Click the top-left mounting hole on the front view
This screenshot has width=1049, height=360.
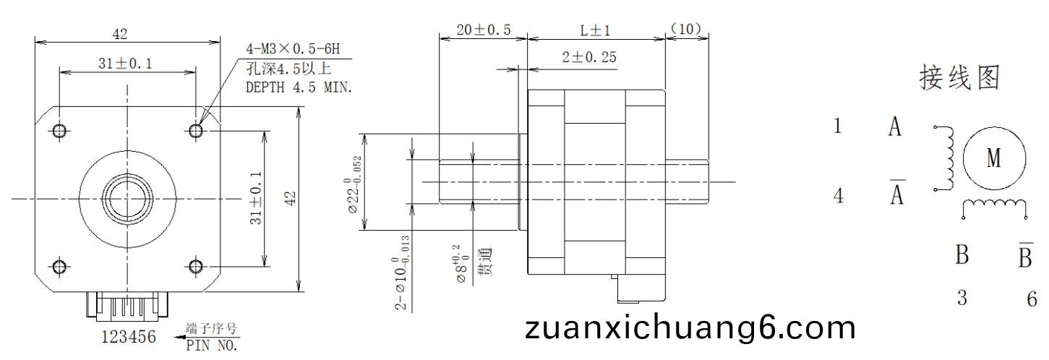coord(59,131)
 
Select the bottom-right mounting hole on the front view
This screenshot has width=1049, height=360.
coord(196,267)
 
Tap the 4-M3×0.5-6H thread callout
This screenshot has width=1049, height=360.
coord(293,48)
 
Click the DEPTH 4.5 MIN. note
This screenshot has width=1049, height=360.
coord(299,87)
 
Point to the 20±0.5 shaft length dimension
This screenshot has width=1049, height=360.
coord(483,30)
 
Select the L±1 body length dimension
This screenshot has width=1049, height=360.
coord(596,31)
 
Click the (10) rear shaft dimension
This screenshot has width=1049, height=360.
coord(686,29)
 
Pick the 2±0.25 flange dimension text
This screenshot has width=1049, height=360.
coord(589,57)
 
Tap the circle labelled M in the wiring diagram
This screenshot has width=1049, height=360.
coord(994,158)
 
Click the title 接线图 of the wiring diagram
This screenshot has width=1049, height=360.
coord(959,78)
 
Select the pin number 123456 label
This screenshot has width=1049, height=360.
coord(129,337)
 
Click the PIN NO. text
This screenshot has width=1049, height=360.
coord(212,346)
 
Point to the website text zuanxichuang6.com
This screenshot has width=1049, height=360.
coord(690,329)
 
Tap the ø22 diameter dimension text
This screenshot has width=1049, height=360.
coord(354,184)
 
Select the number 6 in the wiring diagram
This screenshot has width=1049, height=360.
coord(1032,299)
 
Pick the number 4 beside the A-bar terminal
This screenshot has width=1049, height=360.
coord(839,195)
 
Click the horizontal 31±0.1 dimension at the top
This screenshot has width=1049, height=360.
coord(126,63)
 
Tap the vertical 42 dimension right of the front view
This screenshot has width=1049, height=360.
coord(291,199)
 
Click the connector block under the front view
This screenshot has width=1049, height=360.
coord(127,307)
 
